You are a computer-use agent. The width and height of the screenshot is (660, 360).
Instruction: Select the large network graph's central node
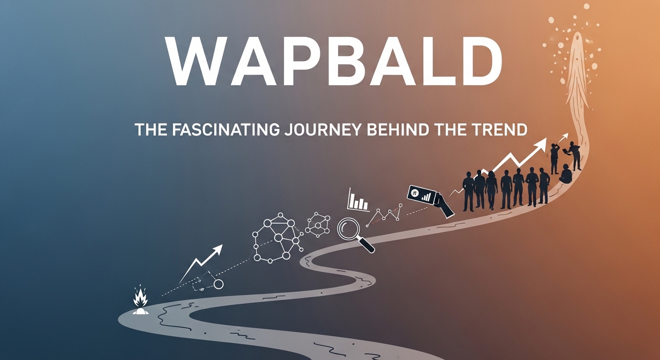coord(278,238)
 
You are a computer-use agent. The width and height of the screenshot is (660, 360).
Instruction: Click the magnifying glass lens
coord(349,228)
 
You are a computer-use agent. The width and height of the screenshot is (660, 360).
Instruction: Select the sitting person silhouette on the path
coord(566,174)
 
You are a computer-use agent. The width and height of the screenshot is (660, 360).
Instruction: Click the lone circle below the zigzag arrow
coord(218,284)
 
